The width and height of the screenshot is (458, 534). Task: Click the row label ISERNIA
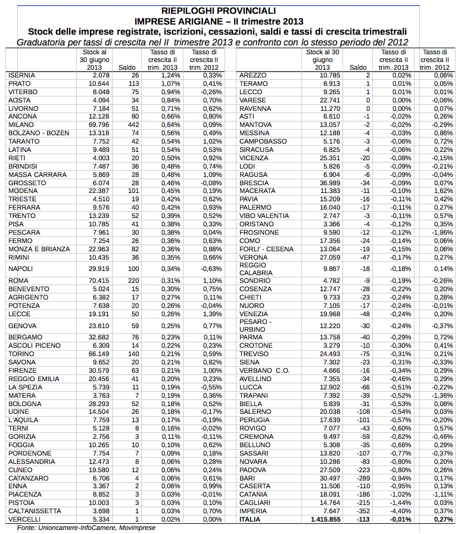pyautogui.click(x=23, y=76)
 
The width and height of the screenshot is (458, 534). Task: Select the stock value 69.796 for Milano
pyautogui.click(x=98, y=124)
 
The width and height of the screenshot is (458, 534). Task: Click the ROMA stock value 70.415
pyautogui.click(x=98, y=280)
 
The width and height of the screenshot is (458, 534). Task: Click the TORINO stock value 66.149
pyautogui.click(x=98, y=354)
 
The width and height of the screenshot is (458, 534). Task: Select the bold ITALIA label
pyautogui.click(x=250, y=519)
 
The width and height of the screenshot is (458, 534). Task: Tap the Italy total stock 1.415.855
pyautogui.click(x=323, y=519)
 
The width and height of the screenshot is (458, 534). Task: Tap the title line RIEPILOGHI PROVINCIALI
pyautogui.click(x=219, y=10)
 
